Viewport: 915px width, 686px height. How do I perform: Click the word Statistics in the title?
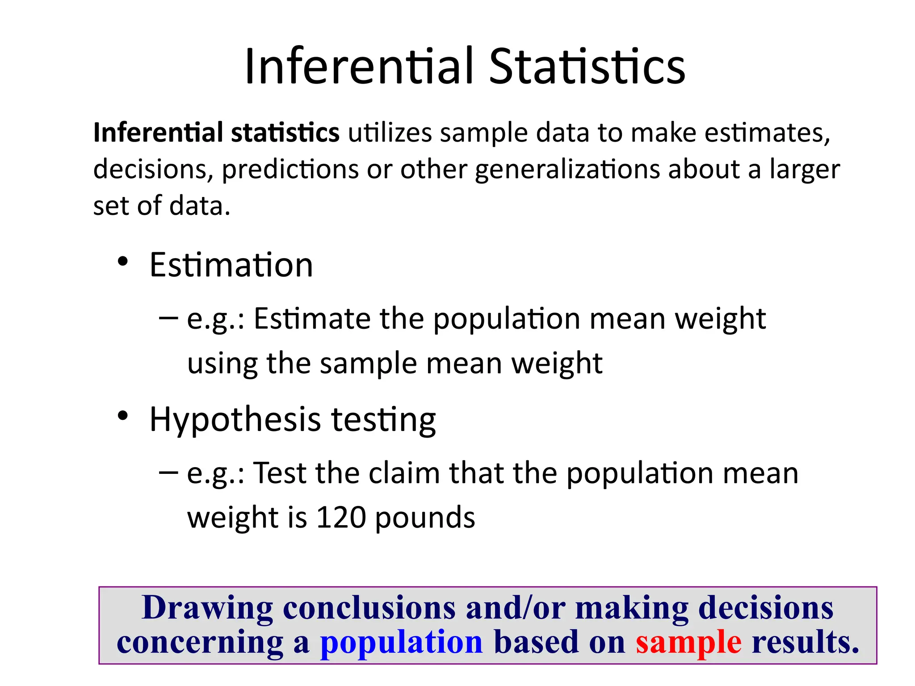[x=587, y=67]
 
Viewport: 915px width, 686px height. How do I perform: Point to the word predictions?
[x=290, y=170]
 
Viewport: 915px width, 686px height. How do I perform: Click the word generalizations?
[x=567, y=170]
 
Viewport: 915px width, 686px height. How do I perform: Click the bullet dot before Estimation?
[x=123, y=262]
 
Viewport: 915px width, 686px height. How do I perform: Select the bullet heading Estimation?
[x=231, y=265]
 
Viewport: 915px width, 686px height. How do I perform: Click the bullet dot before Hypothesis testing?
[x=123, y=416]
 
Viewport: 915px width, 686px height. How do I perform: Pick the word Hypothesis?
[x=235, y=420]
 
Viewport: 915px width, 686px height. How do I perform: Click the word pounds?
[x=425, y=518]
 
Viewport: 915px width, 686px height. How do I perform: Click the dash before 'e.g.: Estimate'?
[x=168, y=318]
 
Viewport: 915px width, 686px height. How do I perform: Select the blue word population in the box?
[x=401, y=643]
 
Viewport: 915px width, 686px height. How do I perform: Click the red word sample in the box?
[x=688, y=643]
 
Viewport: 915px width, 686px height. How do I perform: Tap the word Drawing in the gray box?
[x=207, y=608]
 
